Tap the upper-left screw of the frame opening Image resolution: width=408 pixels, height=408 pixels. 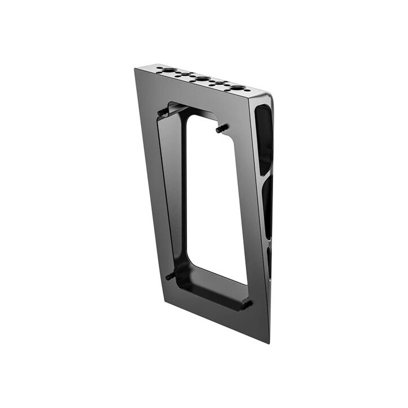pyautogui.click(x=163, y=112)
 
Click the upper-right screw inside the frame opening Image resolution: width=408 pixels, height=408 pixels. pyautogui.click(x=220, y=129)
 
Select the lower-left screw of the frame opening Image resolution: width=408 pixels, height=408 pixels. pyautogui.click(x=171, y=276)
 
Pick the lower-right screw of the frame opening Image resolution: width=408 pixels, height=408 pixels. pyautogui.click(x=246, y=304)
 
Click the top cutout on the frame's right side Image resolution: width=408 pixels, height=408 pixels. pyautogui.click(x=263, y=139)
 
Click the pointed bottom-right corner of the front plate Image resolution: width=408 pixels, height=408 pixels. pyautogui.click(x=269, y=342)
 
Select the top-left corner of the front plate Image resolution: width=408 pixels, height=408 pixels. pyautogui.click(x=135, y=69)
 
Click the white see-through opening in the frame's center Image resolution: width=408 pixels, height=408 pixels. pyautogui.click(x=215, y=198)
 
